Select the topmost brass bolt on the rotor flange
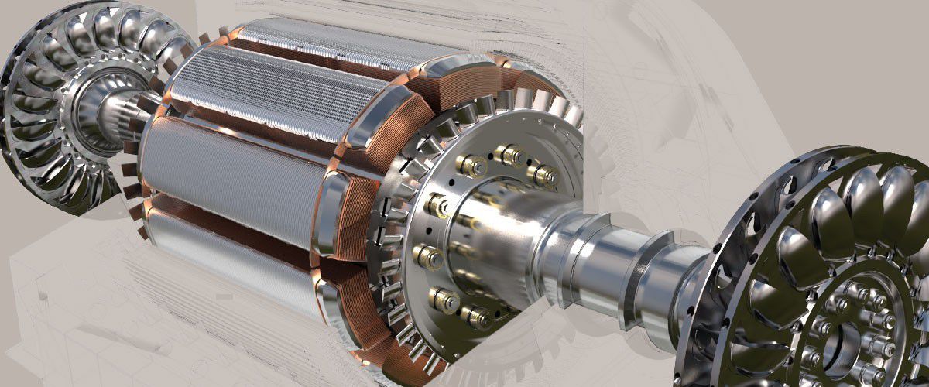click(x=509, y=156)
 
